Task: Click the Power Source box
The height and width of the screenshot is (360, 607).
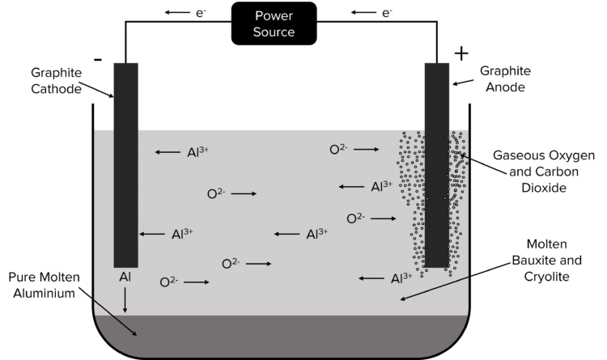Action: tap(274, 24)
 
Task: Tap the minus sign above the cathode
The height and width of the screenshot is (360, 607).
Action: tap(98, 59)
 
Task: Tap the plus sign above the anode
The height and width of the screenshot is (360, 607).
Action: tap(461, 54)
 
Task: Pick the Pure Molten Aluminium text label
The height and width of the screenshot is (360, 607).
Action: tap(43, 286)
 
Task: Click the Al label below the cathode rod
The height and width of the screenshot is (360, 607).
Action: tap(125, 277)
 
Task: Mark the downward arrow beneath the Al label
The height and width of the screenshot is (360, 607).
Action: tap(125, 301)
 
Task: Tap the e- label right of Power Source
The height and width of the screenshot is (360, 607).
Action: tap(387, 12)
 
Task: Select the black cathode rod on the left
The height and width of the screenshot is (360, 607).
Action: tap(125, 162)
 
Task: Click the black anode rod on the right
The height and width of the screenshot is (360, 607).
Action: tap(437, 162)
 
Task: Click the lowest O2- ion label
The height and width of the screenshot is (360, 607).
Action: tap(169, 282)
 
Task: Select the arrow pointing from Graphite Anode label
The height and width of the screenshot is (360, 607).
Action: tap(462, 82)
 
